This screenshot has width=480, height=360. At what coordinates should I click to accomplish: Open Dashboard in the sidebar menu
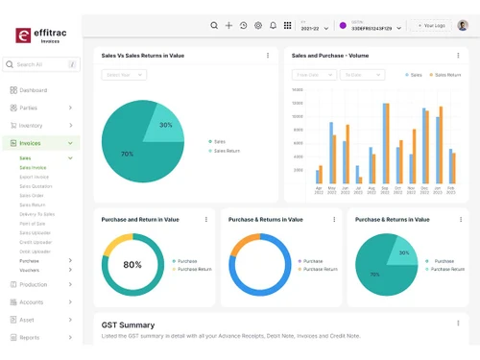(x=33, y=90)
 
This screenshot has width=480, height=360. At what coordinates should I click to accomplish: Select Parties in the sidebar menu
(x=29, y=108)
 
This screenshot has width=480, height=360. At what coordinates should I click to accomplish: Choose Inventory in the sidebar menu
(x=31, y=126)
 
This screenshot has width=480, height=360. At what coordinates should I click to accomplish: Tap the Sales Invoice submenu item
(x=33, y=167)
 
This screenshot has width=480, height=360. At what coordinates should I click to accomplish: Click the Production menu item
(x=33, y=284)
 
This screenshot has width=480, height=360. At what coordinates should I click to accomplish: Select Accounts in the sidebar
(x=31, y=301)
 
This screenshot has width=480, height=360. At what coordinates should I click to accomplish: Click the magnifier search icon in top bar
(x=214, y=26)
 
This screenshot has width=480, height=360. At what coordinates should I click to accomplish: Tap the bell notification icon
(x=273, y=26)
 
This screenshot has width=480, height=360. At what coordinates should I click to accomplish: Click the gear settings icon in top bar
(x=257, y=26)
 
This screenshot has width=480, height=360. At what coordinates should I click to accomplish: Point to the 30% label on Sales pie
(x=166, y=125)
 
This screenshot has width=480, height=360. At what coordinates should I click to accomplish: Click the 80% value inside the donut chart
(x=132, y=265)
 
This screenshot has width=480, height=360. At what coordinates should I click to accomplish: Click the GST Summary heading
(x=128, y=324)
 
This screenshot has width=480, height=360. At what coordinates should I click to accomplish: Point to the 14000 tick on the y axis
(x=297, y=90)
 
